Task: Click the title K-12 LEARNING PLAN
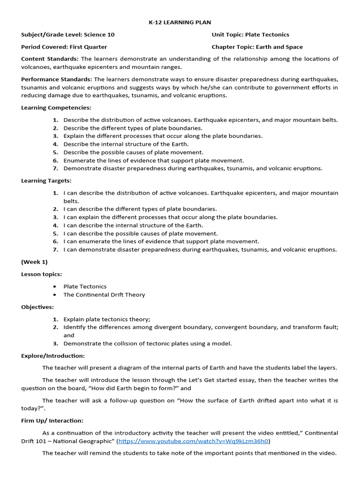(180, 22)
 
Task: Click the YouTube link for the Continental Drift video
(194, 441)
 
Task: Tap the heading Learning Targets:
(46, 180)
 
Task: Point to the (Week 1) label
(34, 262)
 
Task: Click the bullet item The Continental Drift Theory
(104, 294)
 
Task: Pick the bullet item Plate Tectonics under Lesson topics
(85, 286)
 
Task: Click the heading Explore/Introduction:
(53, 356)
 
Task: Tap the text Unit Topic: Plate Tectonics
(250, 35)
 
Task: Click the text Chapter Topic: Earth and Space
(257, 47)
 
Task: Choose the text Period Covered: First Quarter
(64, 47)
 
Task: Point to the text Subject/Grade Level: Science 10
(68, 35)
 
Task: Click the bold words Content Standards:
(50, 59)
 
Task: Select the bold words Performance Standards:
(56, 79)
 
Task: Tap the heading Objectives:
(37, 307)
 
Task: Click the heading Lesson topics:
(41, 274)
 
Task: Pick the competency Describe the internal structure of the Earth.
(126, 144)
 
